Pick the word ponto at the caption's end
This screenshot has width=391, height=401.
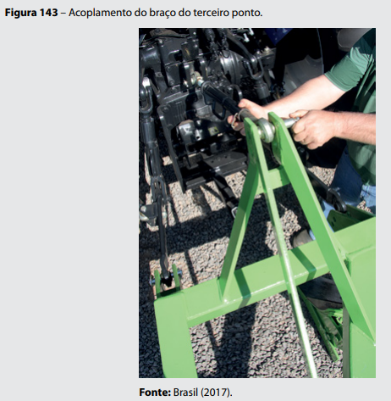click(x=247, y=13)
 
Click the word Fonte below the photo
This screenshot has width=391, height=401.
click(x=155, y=393)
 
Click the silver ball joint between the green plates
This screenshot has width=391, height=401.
click(x=266, y=131)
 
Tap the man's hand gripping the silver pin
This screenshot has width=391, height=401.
click(x=311, y=129)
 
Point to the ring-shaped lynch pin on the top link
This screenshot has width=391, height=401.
click(x=236, y=120)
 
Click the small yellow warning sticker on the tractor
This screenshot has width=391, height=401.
click(x=213, y=131)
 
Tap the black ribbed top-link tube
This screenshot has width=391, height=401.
click(x=220, y=96)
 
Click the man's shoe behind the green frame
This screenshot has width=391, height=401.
click(x=302, y=238)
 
